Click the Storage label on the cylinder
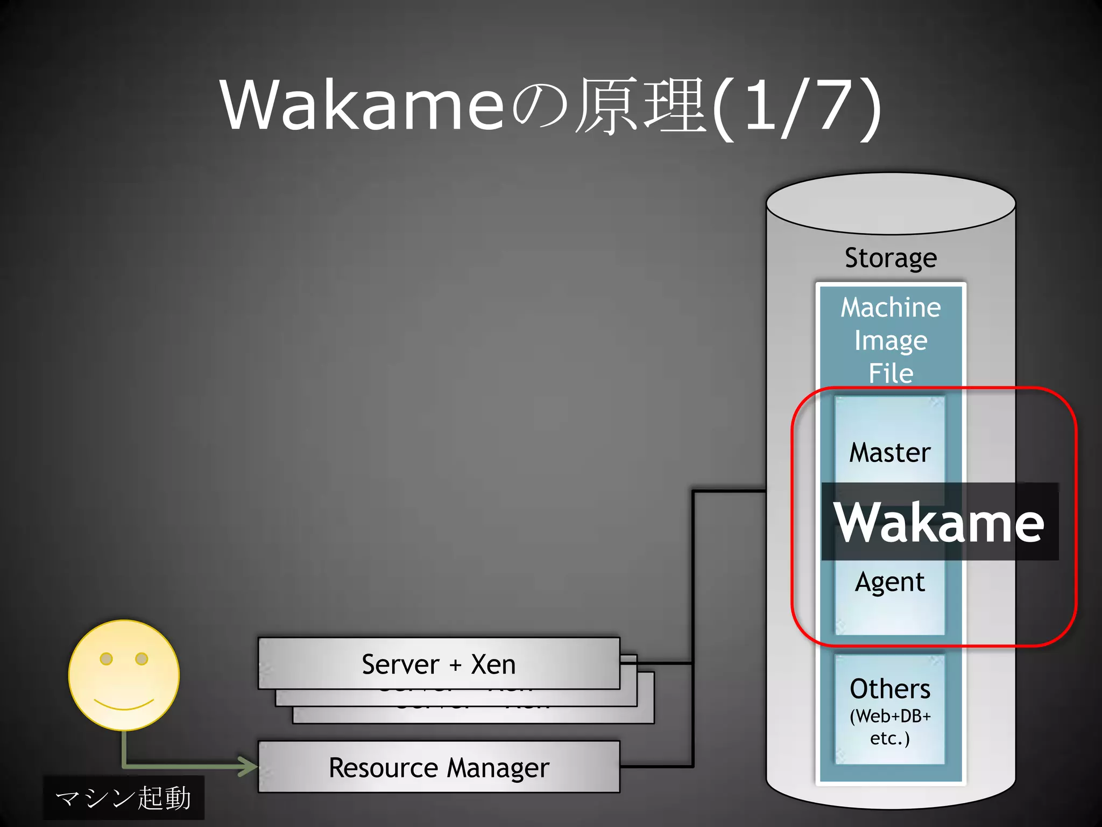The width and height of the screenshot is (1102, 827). pyautogui.click(x=891, y=258)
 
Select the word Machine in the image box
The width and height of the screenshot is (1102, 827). pyautogui.click(x=891, y=307)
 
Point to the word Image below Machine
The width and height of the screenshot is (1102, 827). pyautogui.click(x=891, y=341)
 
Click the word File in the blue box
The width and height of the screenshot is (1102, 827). pyautogui.click(x=891, y=373)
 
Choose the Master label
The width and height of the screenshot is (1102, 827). pyautogui.click(x=890, y=452)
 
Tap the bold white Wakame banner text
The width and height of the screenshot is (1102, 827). pyautogui.click(x=938, y=522)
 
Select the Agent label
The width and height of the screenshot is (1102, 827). pyautogui.click(x=890, y=583)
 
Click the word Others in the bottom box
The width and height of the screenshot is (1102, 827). pyautogui.click(x=890, y=689)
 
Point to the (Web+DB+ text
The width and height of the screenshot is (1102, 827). pyautogui.click(x=890, y=716)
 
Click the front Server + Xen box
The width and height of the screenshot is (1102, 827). pyautogui.click(x=439, y=664)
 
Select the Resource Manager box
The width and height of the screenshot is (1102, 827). pyautogui.click(x=439, y=767)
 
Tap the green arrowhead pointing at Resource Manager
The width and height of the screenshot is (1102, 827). pyautogui.click(x=249, y=766)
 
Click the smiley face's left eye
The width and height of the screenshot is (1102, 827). pyautogui.click(x=107, y=658)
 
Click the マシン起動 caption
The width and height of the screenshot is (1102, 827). pyautogui.click(x=124, y=797)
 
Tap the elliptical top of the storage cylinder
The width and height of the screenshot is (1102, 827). pyautogui.click(x=891, y=204)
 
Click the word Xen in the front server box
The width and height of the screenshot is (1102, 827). pyautogui.click(x=493, y=664)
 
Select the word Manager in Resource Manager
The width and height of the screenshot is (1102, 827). pyautogui.click(x=498, y=768)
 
